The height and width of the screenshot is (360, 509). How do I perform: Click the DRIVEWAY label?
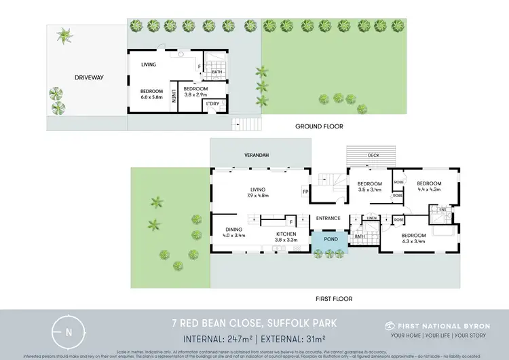(89, 77)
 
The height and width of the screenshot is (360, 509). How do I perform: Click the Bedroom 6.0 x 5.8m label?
(151, 94)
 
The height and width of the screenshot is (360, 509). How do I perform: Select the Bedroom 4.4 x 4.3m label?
(429, 187)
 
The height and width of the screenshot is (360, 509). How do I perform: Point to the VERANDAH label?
(257, 156)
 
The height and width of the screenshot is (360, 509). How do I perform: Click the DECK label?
(373, 156)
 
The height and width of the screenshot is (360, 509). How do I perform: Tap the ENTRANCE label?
(328, 218)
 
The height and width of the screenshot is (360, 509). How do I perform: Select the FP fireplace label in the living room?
(305, 192)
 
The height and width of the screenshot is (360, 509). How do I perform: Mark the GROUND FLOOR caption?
(319, 126)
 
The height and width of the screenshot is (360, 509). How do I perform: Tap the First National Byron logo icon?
(390, 326)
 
